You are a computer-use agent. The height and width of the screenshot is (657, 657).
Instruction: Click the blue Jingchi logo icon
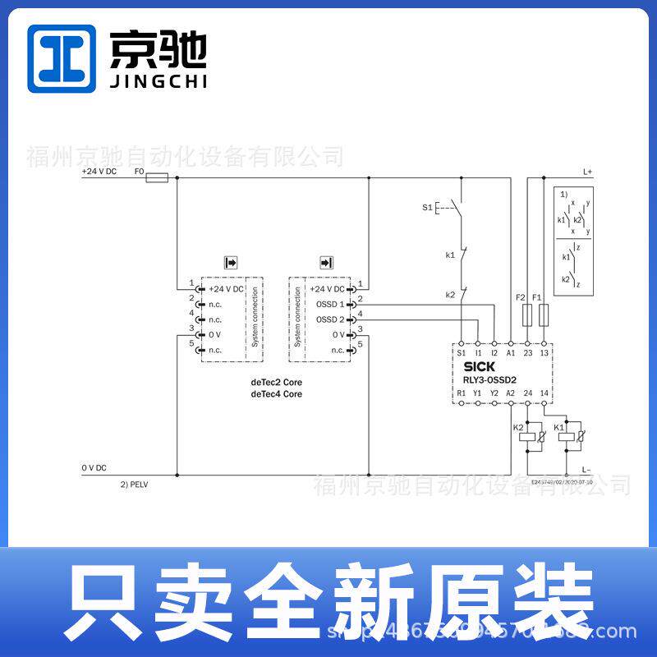click(x=61, y=58)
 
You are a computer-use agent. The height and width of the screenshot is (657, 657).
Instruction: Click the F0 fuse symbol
click(x=157, y=177)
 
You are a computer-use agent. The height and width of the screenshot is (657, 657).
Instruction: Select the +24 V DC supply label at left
click(x=99, y=171)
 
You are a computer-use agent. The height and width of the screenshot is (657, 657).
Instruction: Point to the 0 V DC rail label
click(x=94, y=467)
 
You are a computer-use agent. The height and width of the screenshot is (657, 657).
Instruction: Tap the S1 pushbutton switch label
click(x=427, y=208)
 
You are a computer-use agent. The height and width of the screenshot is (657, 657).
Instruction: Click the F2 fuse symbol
click(x=526, y=314)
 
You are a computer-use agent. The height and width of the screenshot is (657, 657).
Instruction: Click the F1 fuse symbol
click(x=543, y=314)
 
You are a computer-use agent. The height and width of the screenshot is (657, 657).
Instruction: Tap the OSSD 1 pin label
click(x=330, y=304)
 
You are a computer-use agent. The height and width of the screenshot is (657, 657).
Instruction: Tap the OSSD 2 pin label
click(x=330, y=319)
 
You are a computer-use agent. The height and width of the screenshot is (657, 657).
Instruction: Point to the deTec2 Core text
click(x=276, y=383)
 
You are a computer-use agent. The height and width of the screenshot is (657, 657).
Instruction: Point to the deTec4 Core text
click(x=276, y=394)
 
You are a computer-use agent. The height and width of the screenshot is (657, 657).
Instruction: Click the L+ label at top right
click(x=587, y=172)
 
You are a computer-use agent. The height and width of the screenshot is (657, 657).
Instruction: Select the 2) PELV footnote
click(x=134, y=485)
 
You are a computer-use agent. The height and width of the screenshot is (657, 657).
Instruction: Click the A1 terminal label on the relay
click(x=510, y=351)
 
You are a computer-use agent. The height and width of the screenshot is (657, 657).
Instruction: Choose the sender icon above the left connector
click(x=231, y=263)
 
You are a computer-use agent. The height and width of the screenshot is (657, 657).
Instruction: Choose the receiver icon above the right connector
click(x=326, y=263)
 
